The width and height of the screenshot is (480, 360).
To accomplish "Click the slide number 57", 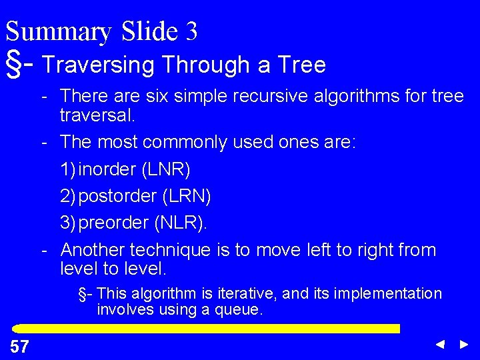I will click(x=19, y=346).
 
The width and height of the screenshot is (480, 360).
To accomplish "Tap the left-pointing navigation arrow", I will click(x=440, y=345).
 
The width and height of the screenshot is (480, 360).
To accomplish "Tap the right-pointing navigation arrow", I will click(x=464, y=345).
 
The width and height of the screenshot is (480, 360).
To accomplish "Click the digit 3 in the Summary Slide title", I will click(x=191, y=31).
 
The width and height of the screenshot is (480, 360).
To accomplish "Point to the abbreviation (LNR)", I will click(x=165, y=169).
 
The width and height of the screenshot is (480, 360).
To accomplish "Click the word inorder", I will click(x=107, y=169).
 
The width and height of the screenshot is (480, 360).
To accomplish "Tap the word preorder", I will click(x=114, y=223).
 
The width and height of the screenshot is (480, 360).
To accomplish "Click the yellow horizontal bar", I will click(x=207, y=329).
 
